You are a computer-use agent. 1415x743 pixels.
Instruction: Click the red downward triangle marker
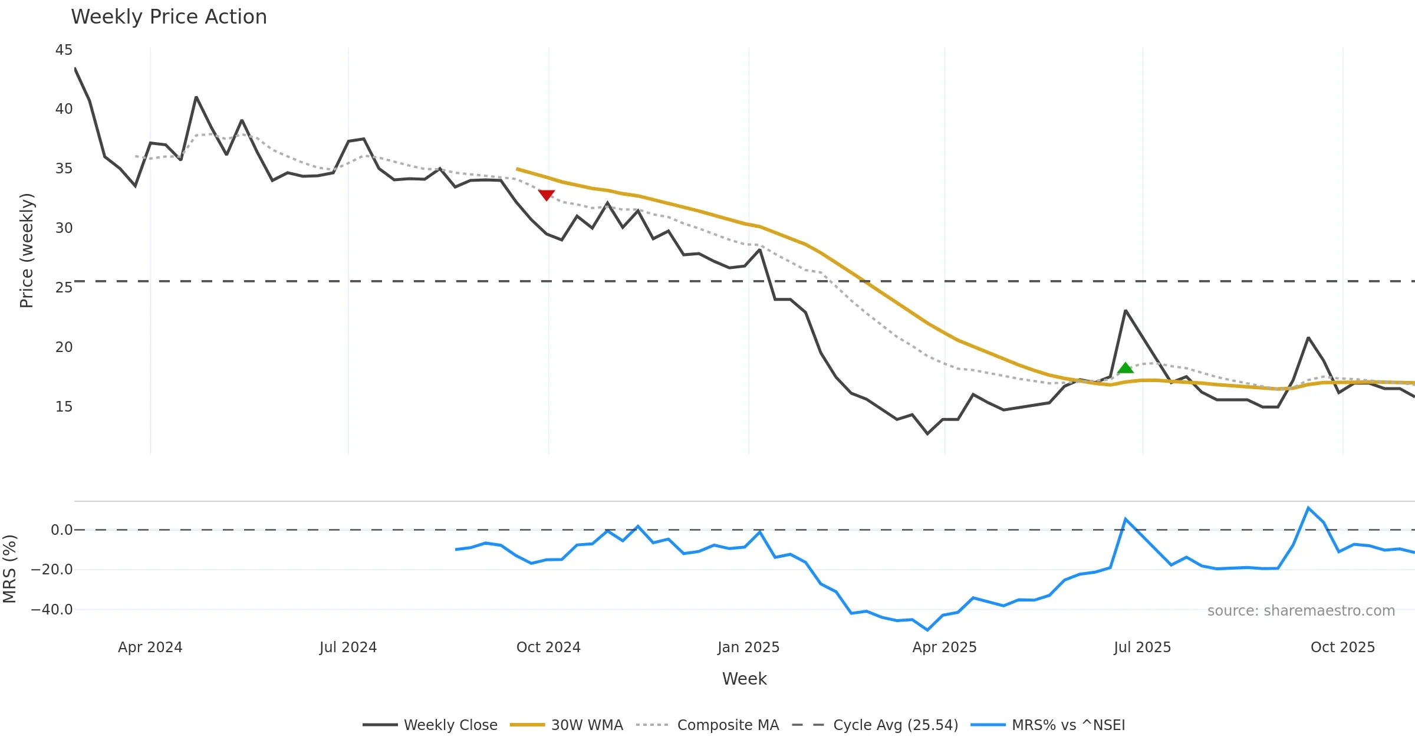click(547, 195)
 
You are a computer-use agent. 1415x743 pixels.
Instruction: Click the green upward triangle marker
click(1126, 368)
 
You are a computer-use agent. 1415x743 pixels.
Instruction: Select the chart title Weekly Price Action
click(169, 17)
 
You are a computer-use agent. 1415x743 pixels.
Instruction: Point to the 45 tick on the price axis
click(64, 50)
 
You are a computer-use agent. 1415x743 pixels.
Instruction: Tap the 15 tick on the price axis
click(64, 407)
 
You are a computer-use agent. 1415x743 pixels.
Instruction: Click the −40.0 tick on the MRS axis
click(52, 610)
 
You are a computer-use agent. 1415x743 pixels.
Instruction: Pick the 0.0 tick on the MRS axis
click(61, 530)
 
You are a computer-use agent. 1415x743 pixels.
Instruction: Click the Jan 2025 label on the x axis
click(748, 647)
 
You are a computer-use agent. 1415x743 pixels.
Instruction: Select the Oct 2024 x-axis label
click(548, 647)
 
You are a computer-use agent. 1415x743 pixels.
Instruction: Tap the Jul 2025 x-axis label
click(1142, 647)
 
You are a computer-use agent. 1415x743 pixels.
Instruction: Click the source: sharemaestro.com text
click(1301, 611)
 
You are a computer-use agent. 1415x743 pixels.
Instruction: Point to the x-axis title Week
click(744, 679)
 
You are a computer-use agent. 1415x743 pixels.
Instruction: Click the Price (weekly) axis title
click(27, 251)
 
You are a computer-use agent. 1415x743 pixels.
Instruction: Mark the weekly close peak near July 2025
click(1126, 310)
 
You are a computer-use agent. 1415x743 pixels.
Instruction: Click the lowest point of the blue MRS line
click(927, 630)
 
